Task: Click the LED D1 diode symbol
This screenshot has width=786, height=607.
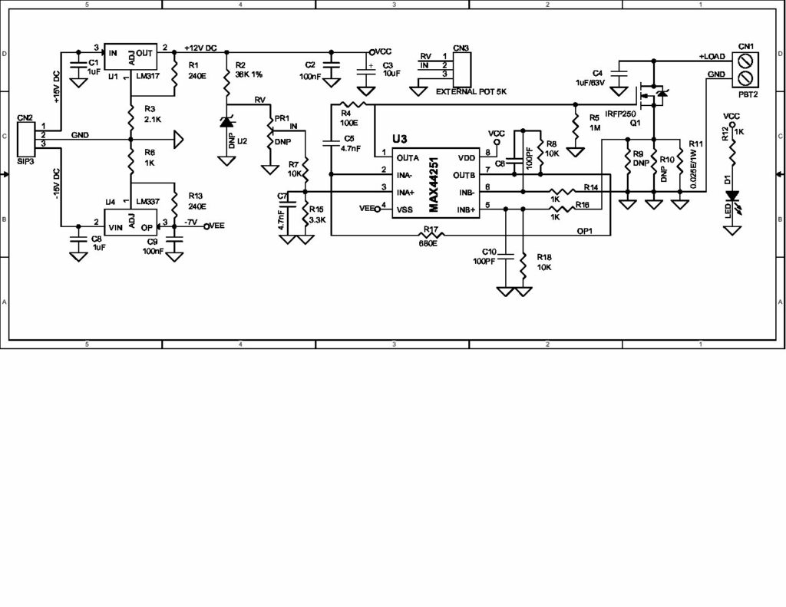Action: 733,197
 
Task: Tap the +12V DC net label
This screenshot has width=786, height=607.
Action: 202,47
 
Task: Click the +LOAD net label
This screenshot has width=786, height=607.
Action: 712,57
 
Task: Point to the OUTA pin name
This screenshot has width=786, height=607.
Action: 408,158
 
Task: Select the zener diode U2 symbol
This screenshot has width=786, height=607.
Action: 226,123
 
